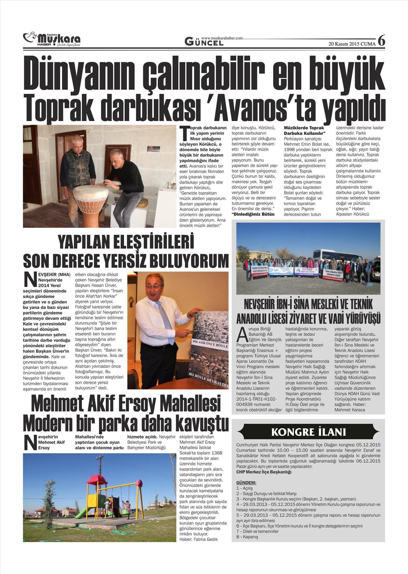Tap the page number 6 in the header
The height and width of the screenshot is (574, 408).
381,41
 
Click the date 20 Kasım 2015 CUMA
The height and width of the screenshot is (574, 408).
352,44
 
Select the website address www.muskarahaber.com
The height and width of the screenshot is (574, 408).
222,38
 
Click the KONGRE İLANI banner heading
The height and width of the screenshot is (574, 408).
308,432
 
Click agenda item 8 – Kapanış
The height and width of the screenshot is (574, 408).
247,537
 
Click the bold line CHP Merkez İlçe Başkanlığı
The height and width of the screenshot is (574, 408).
264,472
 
